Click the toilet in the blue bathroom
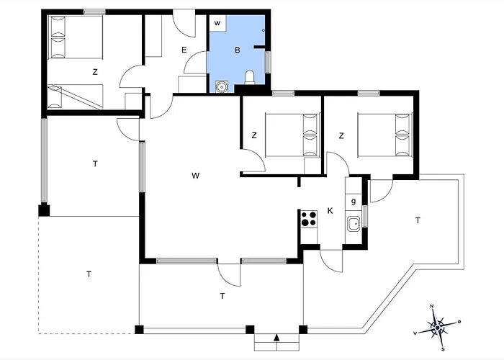249,78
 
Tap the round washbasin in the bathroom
222,86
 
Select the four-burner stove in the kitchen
309,219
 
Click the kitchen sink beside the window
354,224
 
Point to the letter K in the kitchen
330,211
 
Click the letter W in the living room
195,176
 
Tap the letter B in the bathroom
238,50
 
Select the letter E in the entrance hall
184,50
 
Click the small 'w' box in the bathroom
217,23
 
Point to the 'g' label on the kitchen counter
354,202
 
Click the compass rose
438,328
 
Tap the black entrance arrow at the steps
276,338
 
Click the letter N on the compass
432,306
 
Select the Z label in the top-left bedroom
95,72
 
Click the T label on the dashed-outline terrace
89,274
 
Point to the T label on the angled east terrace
418,220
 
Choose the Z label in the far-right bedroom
341,135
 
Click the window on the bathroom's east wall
268,62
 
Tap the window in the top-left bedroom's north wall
94,12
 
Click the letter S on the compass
443,349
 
